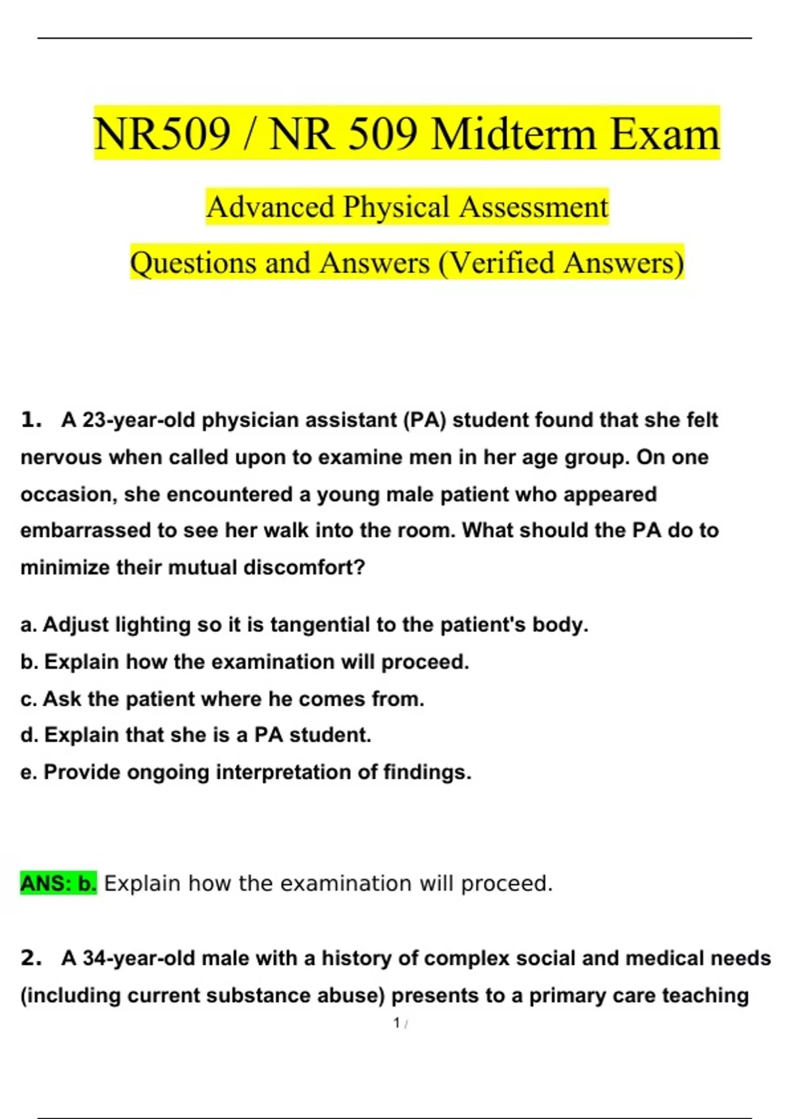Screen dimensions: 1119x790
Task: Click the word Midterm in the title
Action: point(514,134)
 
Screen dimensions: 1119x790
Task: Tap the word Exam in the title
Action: point(664,134)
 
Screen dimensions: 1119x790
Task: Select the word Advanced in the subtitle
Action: point(270,207)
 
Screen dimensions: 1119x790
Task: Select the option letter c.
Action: point(28,699)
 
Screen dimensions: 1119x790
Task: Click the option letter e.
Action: point(28,772)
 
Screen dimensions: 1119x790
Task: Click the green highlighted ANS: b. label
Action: point(59,883)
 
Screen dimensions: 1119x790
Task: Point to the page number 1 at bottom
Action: point(397,1023)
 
